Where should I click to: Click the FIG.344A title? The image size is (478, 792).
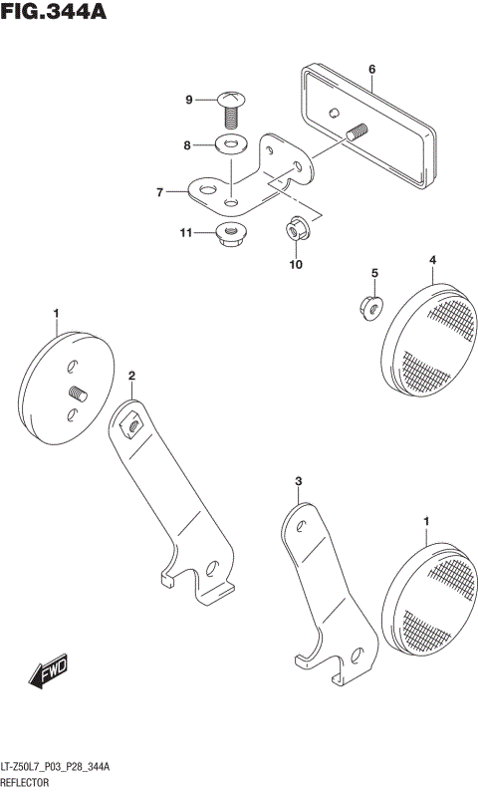[x=54, y=13]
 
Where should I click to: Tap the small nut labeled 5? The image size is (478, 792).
[x=367, y=308]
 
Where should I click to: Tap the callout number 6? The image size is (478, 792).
[x=371, y=70]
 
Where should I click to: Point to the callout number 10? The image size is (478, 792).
[x=295, y=264]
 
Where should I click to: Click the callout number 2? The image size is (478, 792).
[x=130, y=376]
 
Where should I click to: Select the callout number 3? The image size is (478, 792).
[x=297, y=482]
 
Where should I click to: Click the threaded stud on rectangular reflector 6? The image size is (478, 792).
[x=357, y=132]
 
